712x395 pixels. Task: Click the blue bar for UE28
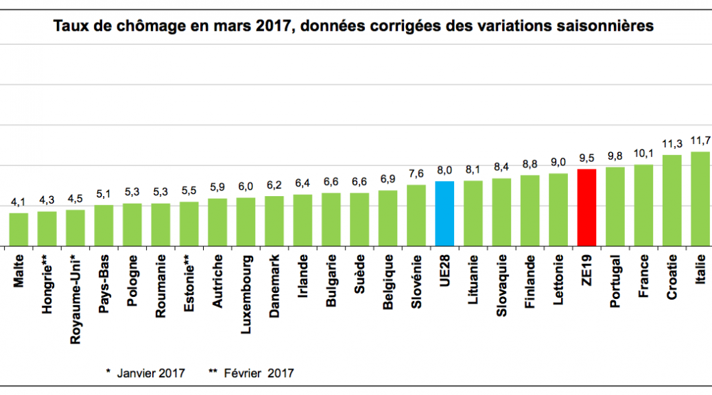click(444, 213)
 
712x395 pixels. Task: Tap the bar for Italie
click(700, 199)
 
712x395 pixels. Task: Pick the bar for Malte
click(19, 229)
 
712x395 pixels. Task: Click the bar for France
click(643, 205)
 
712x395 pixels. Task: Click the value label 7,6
click(416, 173)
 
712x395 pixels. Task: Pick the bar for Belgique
click(388, 218)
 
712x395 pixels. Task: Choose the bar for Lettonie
click(558, 209)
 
